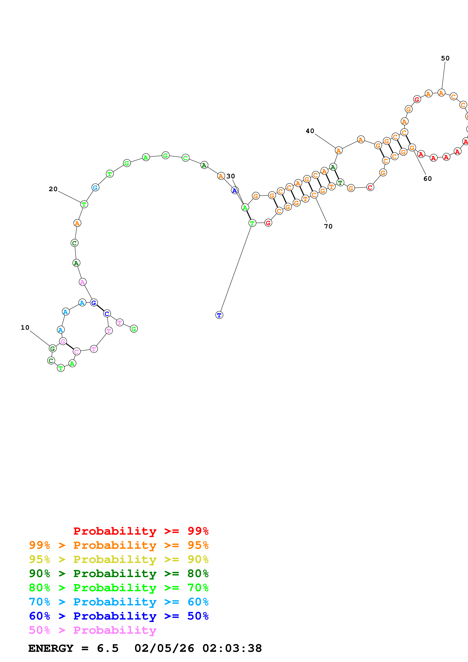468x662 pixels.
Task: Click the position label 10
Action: pyautogui.click(x=25, y=328)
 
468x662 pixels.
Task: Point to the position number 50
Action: pyautogui.click(x=445, y=58)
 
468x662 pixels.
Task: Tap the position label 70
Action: pyautogui.click(x=328, y=226)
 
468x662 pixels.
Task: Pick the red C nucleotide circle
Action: pyautogui.click(x=370, y=187)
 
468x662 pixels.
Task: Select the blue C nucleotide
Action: pyautogui.click(x=107, y=313)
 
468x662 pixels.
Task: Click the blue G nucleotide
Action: pyautogui.click(x=93, y=303)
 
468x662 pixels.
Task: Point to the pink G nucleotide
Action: pyautogui.click(x=63, y=341)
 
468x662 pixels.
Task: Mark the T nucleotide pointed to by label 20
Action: pyautogui.click(x=84, y=204)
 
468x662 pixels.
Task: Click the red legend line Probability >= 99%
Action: pyautogui.click(x=141, y=531)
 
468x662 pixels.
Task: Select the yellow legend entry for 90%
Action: pyautogui.click(x=119, y=559)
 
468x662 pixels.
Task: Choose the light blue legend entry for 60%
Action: pyautogui.click(x=119, y=602)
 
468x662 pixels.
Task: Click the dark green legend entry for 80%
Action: pyautogui.click(x=119, y=573)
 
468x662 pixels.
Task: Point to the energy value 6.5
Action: pyautogui.click(x=108, y=648)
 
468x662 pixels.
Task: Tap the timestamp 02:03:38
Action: pyautogui.click(x=232, y=648)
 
